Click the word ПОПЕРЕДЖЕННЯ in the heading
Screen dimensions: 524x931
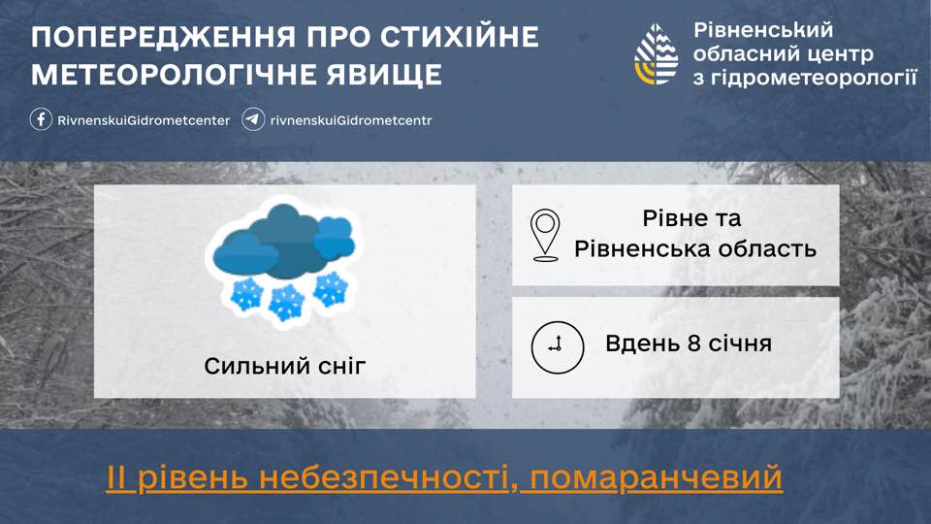pyautogui.click(x=149, y=39)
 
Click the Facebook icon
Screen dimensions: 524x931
pyautogui.click(x=41, y=120)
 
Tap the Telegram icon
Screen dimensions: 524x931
pyautogui.click(x=254, y=120)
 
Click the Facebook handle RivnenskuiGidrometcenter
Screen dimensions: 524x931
pyautogui.click(x=144, y=120)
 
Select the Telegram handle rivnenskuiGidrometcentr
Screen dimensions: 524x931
pyautogui.click(x=351, y=120)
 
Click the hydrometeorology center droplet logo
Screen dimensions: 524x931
pyautogui.click(x=657, y=54)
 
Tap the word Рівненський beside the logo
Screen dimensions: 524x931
pyautogui.click(x=763, y=30)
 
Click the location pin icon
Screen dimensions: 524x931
pyautogui.click(x=546, y=235)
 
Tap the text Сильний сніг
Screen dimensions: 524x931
pyautogui.click(x=285, y=366)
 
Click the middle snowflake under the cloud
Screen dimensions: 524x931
pyautogui.click(x=286, y=302)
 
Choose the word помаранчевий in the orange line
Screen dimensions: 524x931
pyautogui.click(x=652, y=478)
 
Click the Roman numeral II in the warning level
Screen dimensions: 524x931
pyautogui.click(x=118, y=478)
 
